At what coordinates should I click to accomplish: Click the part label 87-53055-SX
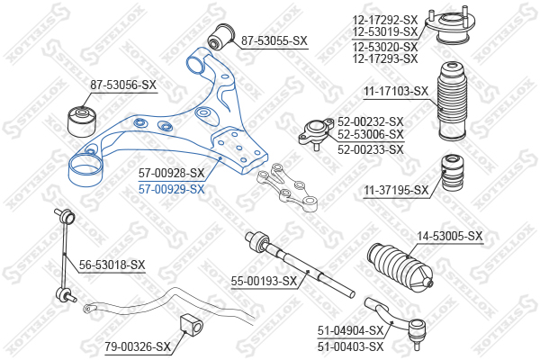coord(274,40)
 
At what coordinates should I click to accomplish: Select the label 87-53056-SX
coord(123,85)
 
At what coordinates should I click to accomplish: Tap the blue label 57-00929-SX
coord(171,189)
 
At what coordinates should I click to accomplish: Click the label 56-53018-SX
coord(112,264)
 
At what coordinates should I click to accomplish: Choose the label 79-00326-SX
coord(137,346)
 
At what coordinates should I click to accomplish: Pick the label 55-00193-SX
coord(264,282)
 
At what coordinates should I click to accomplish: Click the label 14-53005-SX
coord(449,236)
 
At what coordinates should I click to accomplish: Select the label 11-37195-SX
coord(397,190)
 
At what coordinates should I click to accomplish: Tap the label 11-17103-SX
coord(397,91)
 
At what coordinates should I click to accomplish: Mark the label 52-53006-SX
coord(370,135)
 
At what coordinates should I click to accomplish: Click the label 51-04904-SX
coord(350,330)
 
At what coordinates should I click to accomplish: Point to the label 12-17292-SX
coord(385,18)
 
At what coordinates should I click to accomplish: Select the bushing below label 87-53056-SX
coord(84,118)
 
